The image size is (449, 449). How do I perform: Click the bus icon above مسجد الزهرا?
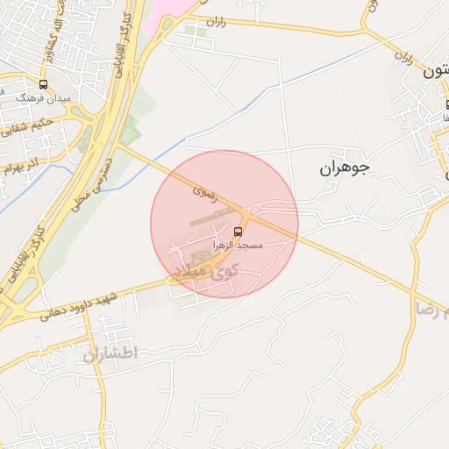[x=238, y=232]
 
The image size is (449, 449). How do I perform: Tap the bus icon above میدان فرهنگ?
[x=44, y=85]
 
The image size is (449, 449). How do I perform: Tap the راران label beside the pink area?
[x=217, y=19]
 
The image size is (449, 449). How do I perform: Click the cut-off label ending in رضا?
[x=431, y=309]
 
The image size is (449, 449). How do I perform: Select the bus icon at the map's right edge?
[x=445, y=106]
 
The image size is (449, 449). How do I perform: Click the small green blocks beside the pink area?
[x=196, y=32]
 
